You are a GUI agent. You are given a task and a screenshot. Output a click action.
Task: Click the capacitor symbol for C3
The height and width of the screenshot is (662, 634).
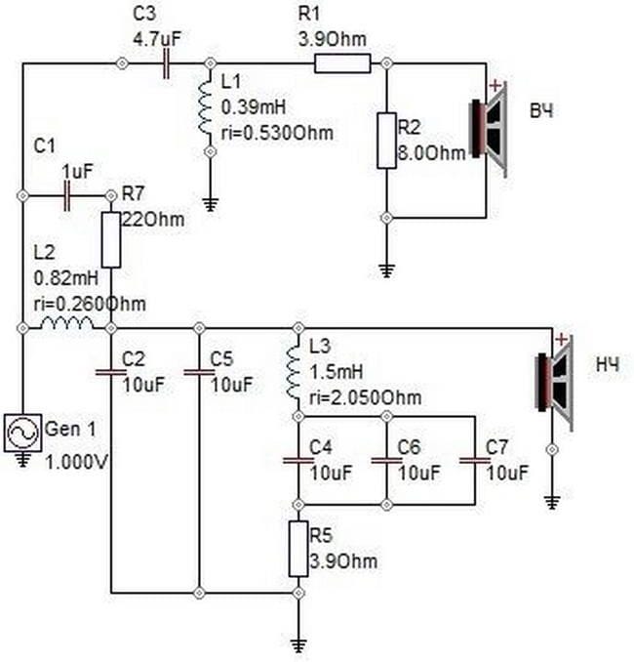[166, 63]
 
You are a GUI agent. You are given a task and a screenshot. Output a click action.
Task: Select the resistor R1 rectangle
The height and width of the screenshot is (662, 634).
[342, 63]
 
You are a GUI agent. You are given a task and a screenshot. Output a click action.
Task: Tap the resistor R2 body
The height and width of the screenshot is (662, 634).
[386, 141]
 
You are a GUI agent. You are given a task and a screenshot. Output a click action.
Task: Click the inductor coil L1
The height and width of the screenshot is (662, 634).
[206, 107]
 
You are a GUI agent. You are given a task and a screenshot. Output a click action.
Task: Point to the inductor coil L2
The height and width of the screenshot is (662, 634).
[66, 323]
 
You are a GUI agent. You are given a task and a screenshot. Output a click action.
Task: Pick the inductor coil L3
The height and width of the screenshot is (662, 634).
[294, 372]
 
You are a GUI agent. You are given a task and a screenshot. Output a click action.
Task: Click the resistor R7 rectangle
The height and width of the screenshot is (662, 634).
[111, 240]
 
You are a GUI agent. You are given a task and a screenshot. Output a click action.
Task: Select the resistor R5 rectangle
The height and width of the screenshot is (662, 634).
[298, 549]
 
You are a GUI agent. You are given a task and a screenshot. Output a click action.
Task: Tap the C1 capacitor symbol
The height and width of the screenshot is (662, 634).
[66, 196]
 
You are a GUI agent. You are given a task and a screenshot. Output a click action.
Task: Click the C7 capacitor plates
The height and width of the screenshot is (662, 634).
[475, 460]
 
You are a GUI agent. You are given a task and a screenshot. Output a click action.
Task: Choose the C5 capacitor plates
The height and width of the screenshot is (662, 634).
[199, 372]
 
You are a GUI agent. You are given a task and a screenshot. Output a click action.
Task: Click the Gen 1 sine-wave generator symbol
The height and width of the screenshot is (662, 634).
[23, 434]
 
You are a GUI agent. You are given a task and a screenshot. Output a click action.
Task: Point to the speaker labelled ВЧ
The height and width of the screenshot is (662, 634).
[490, 129]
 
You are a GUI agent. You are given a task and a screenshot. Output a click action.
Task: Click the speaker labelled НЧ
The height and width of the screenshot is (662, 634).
[554, 383]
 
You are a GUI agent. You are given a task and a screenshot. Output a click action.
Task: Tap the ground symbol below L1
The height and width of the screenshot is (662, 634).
[211, 205]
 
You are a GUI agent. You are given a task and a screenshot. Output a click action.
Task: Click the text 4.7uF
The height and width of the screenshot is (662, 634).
[157, 39]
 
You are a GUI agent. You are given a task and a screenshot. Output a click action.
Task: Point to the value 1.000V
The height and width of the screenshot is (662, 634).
[77, 462]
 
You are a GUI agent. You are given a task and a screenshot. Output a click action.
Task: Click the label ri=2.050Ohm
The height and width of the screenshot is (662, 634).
[366, 398]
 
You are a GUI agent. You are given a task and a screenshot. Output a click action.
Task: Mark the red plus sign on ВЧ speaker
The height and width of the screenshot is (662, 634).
[495, 87]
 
